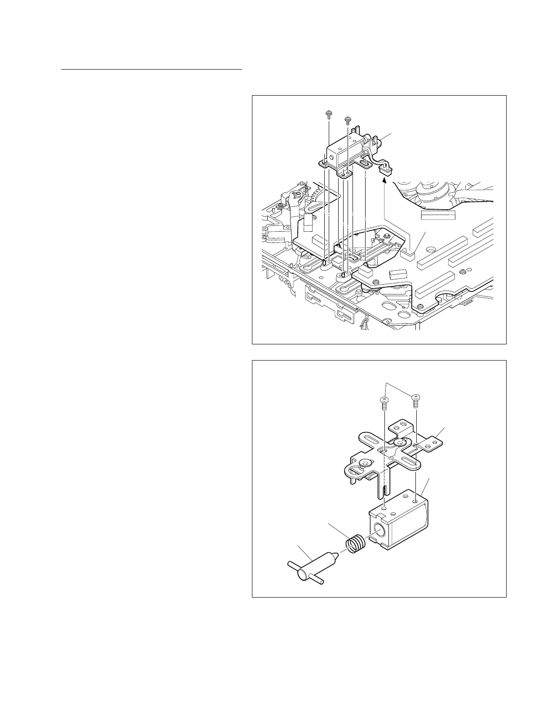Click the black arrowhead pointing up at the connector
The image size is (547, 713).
(x=384, y=180)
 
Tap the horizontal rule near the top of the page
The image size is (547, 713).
(x=152, y=70)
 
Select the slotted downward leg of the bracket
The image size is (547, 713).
(x=385, y=485)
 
